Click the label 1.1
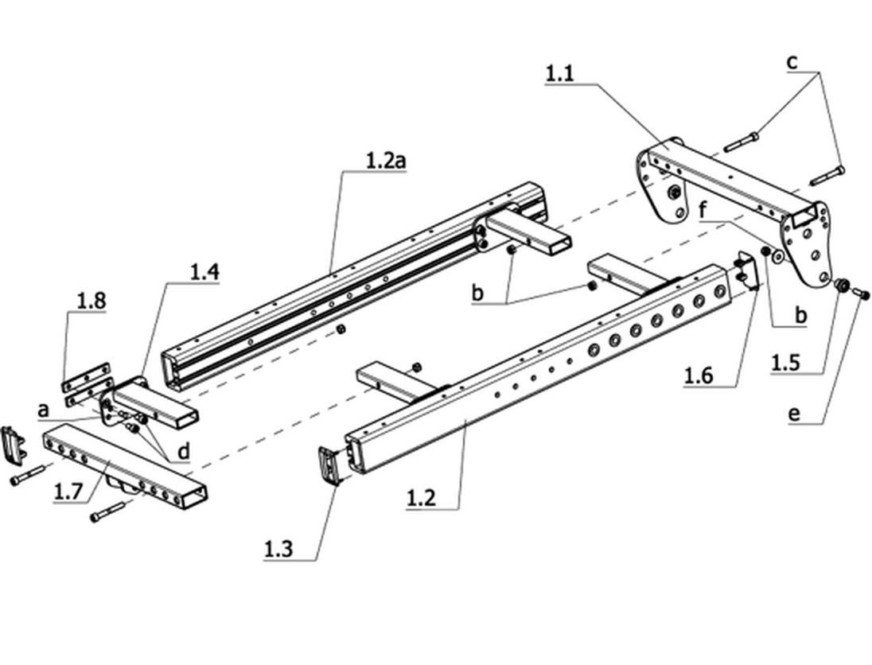(x=559, y=73)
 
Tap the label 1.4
(x=204, y=272)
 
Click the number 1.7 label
(x=68, y=491)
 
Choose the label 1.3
(x=278, y=549)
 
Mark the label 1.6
(x=698, y=375)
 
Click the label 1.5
(x=785, y=363)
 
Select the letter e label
(x=795, y=414)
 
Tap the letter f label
(x=703, y=211)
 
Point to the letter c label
(x=792, y=62)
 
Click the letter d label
(x=184, y=450)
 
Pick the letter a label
(x=44, y=410)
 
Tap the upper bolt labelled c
(x=742, y=141)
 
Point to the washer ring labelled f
(x=778, y=256)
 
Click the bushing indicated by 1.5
(x=841, y=286)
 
